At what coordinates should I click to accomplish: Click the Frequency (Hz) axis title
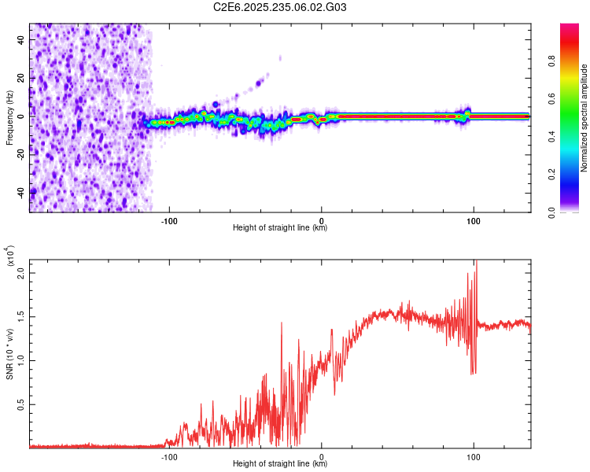click(x=9, y=116)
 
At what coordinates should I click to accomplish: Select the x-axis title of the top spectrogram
click(x=280, y=228)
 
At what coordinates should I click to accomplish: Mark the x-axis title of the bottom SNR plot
click(x=280, y=464)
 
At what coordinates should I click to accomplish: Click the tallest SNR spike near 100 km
click(x=476, y=264)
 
